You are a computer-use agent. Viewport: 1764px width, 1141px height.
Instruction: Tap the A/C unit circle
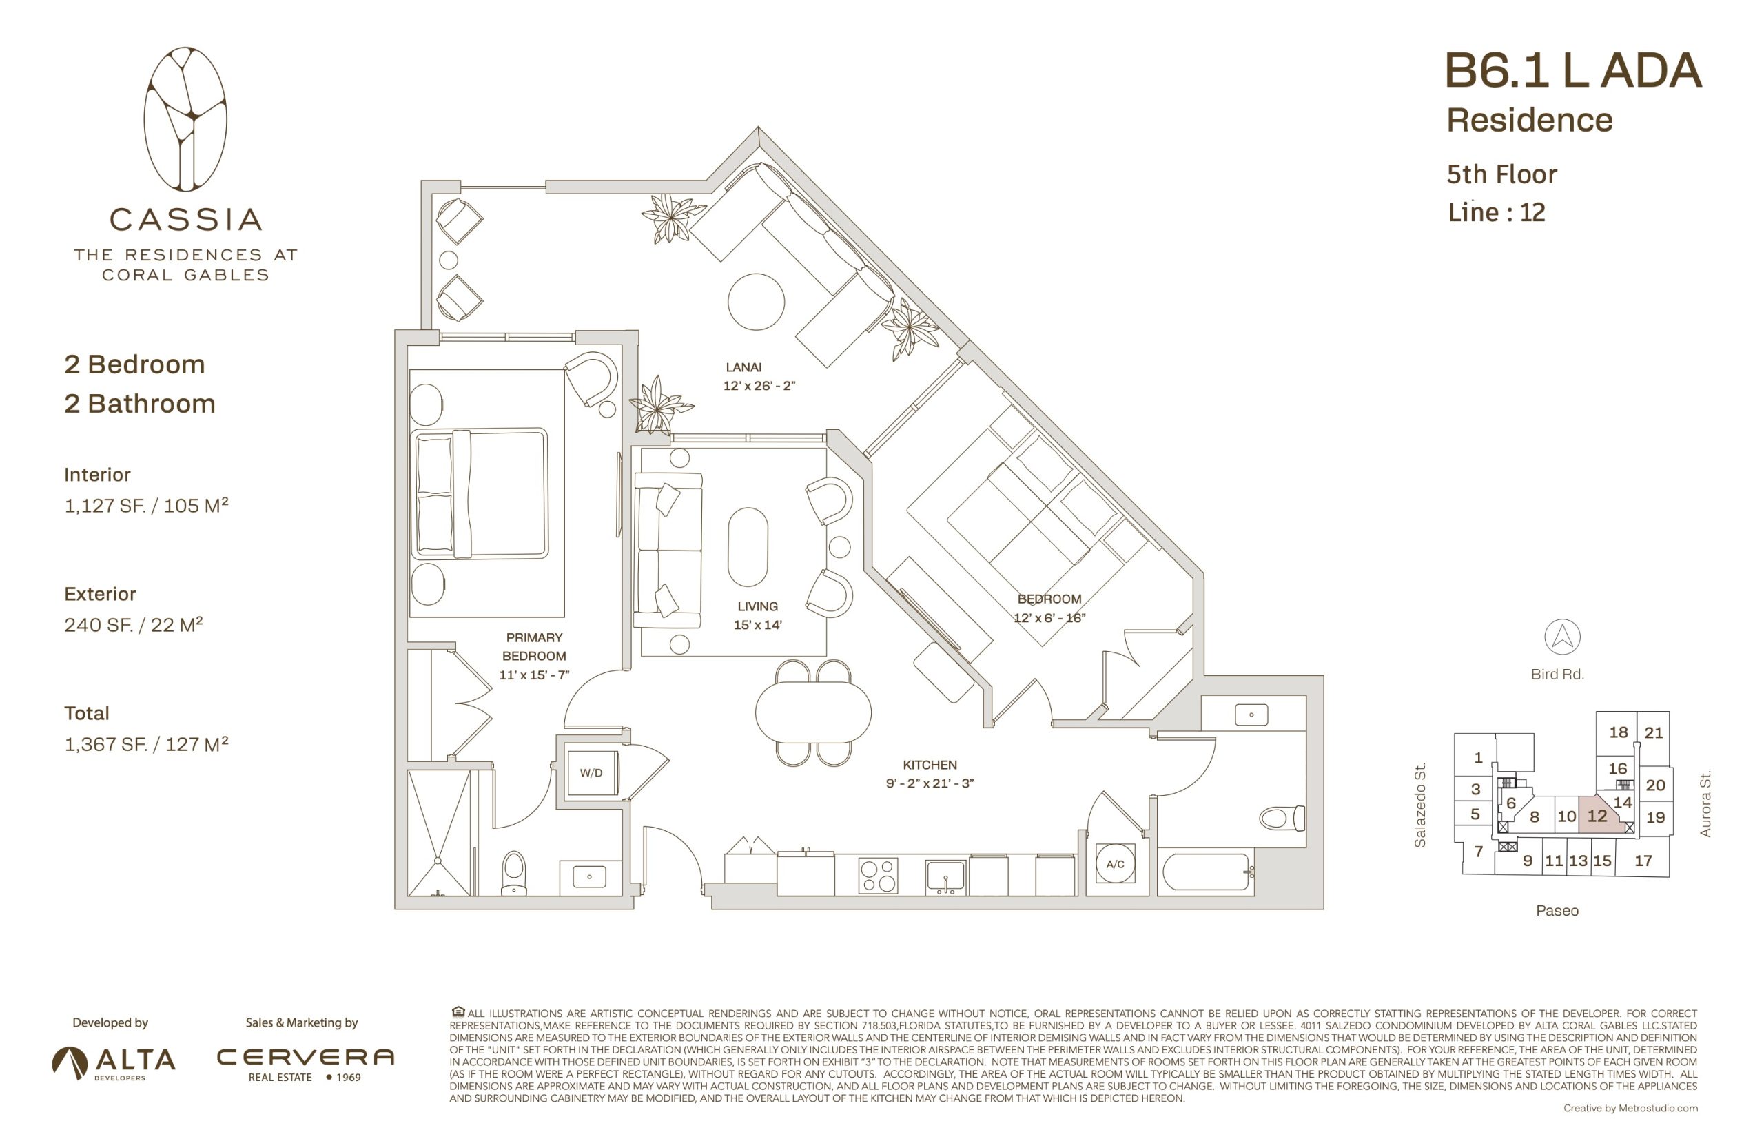pos(1115,863)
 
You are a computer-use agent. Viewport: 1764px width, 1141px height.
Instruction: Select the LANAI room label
pos(743,367)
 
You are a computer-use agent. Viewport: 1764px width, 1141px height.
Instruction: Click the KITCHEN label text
pos(929,765)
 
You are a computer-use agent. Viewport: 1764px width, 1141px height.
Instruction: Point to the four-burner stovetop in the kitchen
pos(879,876)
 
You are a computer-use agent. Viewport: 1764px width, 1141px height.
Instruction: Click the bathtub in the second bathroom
pos(1206,872)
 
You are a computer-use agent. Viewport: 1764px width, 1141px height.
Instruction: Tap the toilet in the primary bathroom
pos(513,873)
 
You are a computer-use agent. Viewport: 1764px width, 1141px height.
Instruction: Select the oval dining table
pos(812,711)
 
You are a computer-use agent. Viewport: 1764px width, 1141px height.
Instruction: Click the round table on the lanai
pos(756,302)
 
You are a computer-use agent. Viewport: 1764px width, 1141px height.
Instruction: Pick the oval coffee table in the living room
pos(748,547)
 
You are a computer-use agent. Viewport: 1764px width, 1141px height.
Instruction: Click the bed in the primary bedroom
pos(479,493)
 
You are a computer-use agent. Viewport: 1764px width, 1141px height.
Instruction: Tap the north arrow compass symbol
pos(1561,637)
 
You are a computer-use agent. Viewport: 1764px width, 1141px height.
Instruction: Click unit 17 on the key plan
pos(1643,860)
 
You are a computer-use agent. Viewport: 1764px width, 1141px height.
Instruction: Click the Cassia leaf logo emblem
pos(185,119)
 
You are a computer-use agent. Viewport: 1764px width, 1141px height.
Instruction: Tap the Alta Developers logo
pos(114,1062)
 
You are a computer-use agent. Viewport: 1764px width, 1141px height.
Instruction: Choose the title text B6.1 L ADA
pos(1572,71)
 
